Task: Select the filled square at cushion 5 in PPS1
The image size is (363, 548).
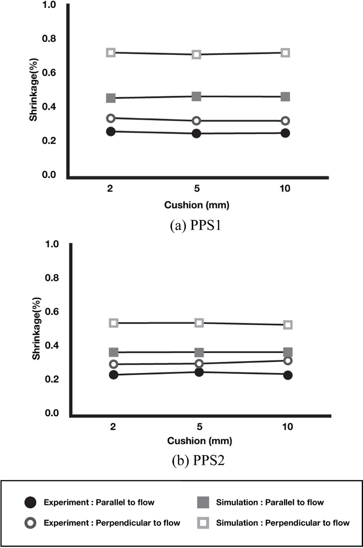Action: tap(196, 97)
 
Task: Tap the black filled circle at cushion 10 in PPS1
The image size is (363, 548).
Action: tap(285, 133)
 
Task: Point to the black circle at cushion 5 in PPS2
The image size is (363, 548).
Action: tap(199, 372)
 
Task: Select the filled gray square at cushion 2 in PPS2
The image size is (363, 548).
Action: tap(114, 352)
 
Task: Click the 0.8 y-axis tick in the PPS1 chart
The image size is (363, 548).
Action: tap(49, 38)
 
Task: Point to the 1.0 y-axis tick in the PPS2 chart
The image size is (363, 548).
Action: tap(52, 244)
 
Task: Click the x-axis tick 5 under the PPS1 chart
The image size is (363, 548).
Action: tap(197, 189)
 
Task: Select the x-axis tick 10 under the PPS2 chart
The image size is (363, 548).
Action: tap(288, 427)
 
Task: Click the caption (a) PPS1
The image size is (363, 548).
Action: tap(195, 225)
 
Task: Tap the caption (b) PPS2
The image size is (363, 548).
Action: tap(198, 461)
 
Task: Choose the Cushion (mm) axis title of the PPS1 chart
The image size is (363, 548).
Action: tap(197, 205)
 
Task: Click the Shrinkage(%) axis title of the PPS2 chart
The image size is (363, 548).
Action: tap(36, 329)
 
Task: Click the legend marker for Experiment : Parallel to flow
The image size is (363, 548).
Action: tap(31, 502)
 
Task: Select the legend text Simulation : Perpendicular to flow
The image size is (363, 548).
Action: tap(283, 523)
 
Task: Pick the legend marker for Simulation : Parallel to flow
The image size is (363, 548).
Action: tap(203, 502)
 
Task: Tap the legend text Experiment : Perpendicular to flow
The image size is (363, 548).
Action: tap(112, 523)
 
